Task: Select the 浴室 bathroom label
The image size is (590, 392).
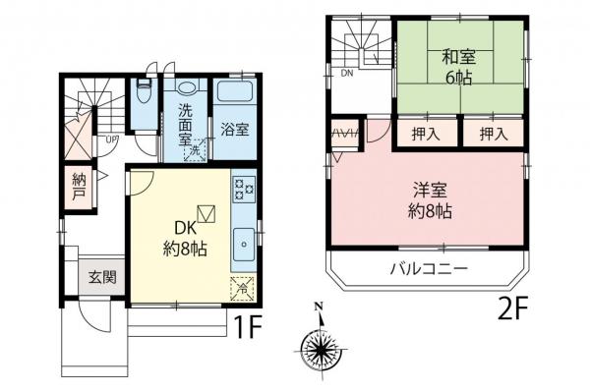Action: tap(233, 129)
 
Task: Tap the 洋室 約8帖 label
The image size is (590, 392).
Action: tap(431, 199)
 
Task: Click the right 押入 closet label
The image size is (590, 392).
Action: tap(493, 134)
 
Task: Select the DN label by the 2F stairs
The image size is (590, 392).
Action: tap(346, 74)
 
